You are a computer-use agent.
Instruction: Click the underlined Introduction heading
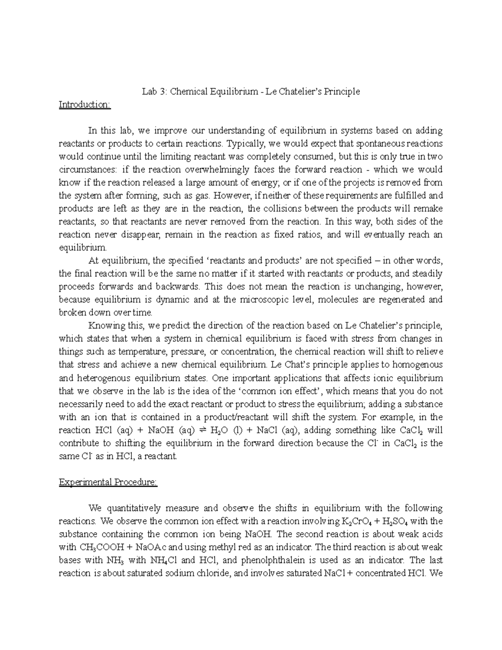coord(85,104)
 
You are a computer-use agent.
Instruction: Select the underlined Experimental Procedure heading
coord(108,482)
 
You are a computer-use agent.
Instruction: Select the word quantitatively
coord(133,509)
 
